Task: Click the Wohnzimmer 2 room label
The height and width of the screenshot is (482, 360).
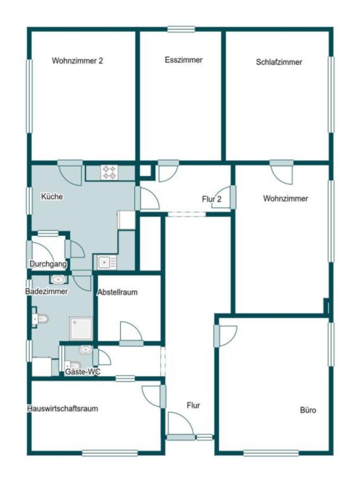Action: (77, 60)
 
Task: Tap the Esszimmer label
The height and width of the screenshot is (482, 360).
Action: (183, 60)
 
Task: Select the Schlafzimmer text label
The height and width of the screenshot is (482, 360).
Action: (279, 62)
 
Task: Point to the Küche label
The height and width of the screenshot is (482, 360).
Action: (52, 196)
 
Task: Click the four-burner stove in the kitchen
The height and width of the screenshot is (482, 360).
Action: (110, 172)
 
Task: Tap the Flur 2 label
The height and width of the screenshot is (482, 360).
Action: (211, 199)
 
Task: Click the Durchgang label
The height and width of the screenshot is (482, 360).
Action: (48, 264)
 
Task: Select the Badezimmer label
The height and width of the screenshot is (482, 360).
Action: (46, 291)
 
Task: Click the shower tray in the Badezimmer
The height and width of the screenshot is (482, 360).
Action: (81, 328)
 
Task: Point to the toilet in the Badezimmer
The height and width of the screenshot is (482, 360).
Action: (40, 319)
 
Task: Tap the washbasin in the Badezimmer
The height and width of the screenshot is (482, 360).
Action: (58, 279)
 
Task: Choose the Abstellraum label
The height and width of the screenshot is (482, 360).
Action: (117, 292)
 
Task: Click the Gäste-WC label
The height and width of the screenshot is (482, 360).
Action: (82, 372)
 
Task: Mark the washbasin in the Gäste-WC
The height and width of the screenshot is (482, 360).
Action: (85, 350)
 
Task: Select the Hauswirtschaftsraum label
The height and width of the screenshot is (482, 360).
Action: (63, 408)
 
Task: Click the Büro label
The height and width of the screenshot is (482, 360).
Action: (308, 410)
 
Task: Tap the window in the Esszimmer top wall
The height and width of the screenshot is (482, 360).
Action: (181, 29)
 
